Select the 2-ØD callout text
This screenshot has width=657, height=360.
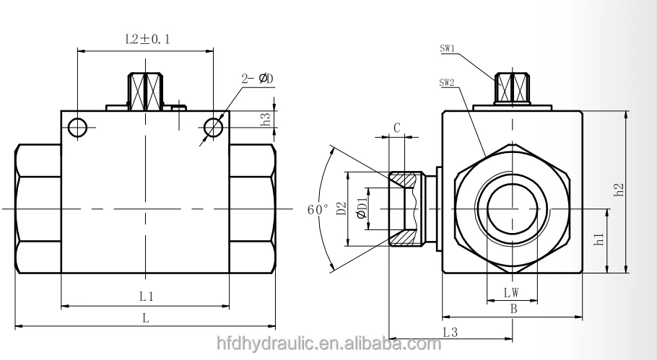(258, 79)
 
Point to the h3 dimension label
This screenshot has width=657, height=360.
(266, 120)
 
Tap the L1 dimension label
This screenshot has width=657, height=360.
(147, 296)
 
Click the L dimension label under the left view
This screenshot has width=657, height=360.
(146, 317)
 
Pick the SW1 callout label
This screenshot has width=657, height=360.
(447, 50)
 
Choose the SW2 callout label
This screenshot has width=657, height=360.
(447, 82)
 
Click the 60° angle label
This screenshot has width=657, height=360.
(318, 210)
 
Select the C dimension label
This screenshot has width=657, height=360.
(397, 128)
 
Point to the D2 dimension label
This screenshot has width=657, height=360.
(342, 210)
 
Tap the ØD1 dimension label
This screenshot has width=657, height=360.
(361, 210)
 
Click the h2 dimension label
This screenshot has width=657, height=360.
(618, 191)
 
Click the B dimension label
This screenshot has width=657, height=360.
(513, 309)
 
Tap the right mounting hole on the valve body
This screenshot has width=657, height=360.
(213, 128)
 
